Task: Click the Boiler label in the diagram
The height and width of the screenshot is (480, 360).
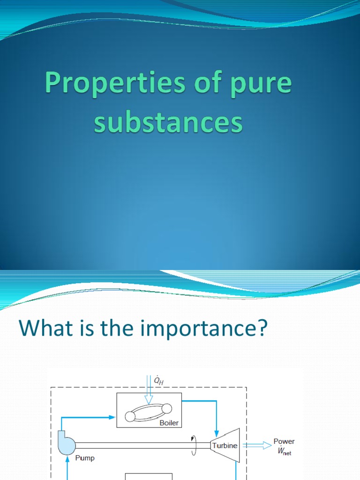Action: (169, 422)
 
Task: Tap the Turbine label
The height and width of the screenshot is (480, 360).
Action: (225, 445)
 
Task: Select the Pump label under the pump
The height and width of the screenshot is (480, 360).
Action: (84, 457)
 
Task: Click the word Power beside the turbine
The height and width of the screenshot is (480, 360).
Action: (285, 442)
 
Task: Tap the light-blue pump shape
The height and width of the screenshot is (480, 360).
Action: (67, 443)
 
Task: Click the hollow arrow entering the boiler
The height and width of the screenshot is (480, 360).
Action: (149, 396)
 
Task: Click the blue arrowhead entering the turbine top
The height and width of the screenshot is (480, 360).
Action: (216, 432)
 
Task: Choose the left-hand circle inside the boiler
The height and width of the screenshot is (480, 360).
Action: (130, 416)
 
